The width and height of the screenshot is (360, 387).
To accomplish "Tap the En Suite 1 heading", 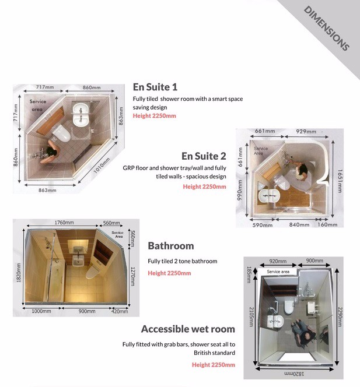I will [155, 87].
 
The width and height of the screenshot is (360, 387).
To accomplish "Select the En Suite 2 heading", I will [204, 156].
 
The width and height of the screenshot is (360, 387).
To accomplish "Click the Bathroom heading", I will [171, 245].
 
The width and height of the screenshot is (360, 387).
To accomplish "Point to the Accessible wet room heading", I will [188, 329].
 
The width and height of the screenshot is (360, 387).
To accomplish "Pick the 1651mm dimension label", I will [340, 177].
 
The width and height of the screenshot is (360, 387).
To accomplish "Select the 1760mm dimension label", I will [64, 223].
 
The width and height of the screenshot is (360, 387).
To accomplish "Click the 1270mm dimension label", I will [133, 272].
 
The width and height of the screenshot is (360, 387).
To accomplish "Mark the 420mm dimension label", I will [120, 311].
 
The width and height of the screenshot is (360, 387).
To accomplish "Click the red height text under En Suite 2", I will [204, 187].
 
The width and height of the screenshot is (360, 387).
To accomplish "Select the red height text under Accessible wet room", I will [214, 365].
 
